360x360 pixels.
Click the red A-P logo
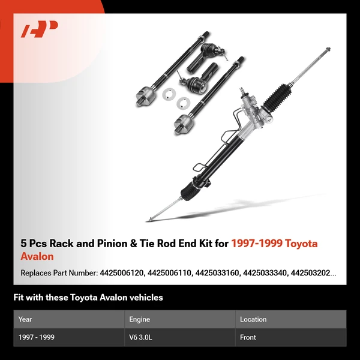[40, 29]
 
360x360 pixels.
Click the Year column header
[25, 319]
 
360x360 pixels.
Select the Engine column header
[139, 319]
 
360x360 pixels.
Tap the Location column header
[253, 319]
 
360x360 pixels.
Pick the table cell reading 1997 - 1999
[37, 337]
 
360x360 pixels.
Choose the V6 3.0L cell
[142, 337]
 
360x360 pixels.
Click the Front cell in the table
[248, 337]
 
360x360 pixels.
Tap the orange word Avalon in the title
[37, 257]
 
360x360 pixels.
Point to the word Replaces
[36, 273]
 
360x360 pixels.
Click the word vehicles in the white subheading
[145, 298]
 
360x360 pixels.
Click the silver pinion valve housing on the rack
[252, 108]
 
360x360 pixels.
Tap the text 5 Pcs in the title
[34, 244]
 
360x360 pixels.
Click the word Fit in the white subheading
[19, 298]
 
